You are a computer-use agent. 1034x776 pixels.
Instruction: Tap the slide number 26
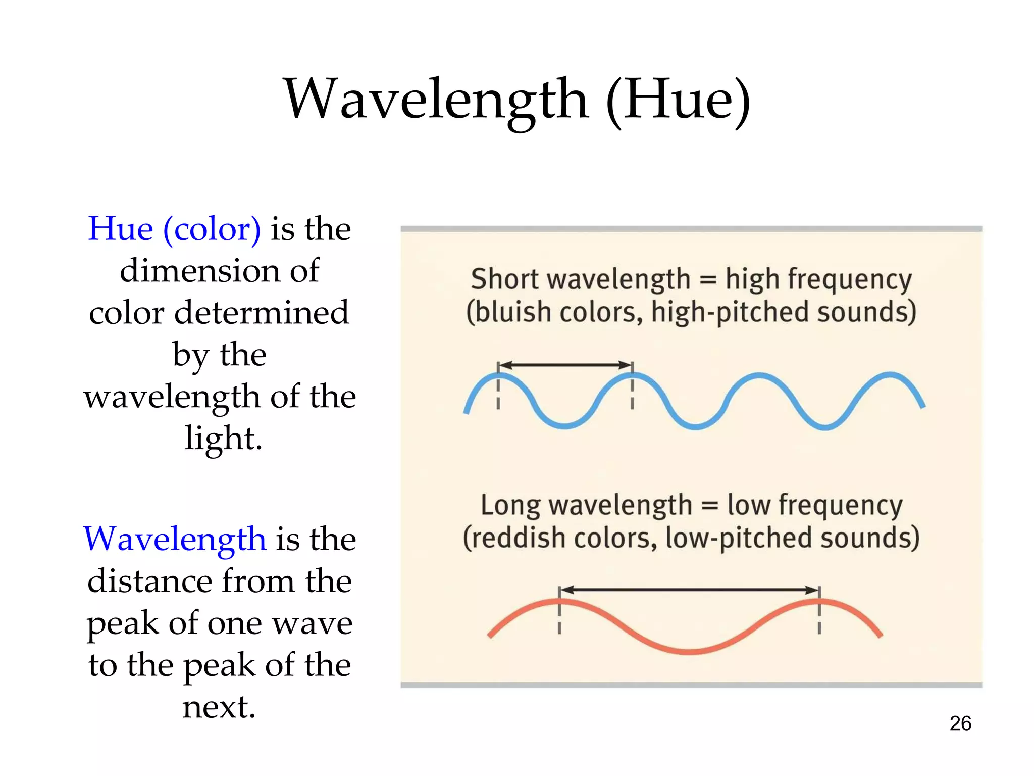960,723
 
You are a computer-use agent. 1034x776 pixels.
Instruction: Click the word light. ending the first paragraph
223,438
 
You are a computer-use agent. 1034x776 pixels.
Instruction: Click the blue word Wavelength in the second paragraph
175,539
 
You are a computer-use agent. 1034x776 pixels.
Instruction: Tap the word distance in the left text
149,581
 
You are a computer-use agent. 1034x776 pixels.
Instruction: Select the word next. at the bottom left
219,707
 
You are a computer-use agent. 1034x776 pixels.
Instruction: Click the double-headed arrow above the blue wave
565,365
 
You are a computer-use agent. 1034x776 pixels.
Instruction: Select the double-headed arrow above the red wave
689,590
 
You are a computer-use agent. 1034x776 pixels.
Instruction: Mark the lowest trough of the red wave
690,652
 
